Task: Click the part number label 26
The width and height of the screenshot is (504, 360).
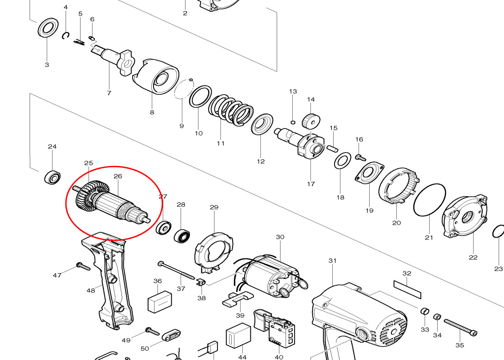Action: click(x=117, y=176)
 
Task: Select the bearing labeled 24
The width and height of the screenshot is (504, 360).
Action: click(x=52, y=178)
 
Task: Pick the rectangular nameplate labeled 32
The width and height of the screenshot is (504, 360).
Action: click(x=407, y=290)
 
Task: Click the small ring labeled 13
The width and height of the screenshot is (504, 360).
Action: click(x=293, y=122)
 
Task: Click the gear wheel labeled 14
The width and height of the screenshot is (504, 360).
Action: click(x=311, y=121)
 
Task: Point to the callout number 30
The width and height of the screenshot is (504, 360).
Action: click(x=280, y=237)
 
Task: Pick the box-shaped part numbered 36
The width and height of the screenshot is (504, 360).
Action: click(x=159, y=302)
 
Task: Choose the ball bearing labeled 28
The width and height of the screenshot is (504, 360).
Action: click(x=181, y=235)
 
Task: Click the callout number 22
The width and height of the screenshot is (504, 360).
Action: click(x=473, y=257)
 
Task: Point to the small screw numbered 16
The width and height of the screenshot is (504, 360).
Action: click(x=360, y=157)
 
